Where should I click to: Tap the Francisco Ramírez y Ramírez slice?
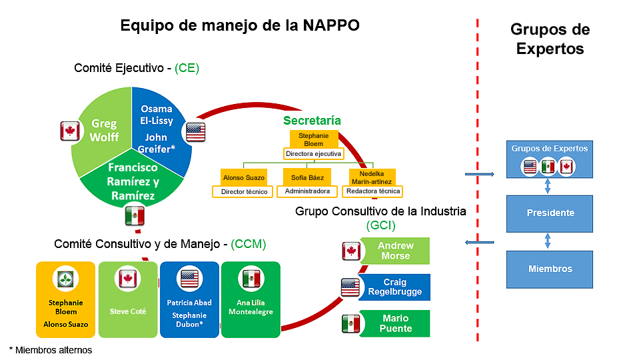point(133,181)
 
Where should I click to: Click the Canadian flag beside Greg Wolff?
point(70,131)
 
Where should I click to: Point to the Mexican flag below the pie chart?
point(135,215)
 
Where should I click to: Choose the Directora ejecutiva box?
point(313,154)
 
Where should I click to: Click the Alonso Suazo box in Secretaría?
point(243,177)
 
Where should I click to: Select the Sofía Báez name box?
point(307,177)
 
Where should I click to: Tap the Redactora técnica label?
point(372,191)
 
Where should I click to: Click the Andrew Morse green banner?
point(395,251)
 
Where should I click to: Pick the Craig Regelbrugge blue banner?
point(395,287)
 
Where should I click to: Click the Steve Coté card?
point(128,299)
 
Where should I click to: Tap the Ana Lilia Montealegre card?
point(251,299)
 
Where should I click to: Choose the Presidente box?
point(550,213)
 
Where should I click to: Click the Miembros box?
point(550,269)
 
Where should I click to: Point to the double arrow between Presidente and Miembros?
point(548,241)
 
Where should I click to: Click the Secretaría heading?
point(312,121)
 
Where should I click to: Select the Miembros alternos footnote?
point(51,349)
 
